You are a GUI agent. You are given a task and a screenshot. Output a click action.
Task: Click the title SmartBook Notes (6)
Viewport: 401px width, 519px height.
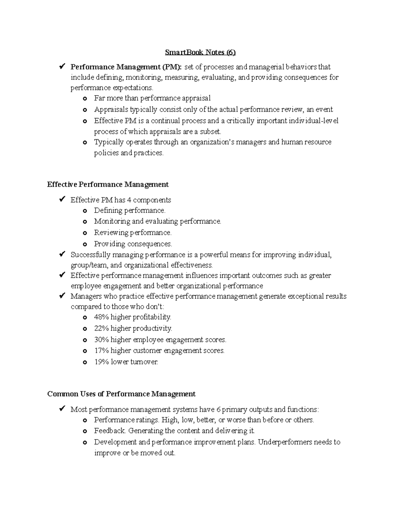[200, 52]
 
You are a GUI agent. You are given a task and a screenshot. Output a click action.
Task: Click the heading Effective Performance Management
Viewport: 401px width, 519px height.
[108, 184]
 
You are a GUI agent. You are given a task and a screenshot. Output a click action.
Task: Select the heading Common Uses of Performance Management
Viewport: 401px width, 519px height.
[121, 394]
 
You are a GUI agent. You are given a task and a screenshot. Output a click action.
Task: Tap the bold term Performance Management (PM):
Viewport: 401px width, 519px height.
[126, 67]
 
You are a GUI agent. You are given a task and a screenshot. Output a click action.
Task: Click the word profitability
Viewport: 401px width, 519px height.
[152, 317]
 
